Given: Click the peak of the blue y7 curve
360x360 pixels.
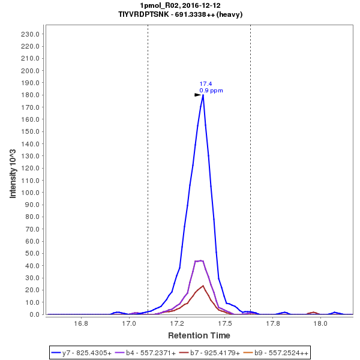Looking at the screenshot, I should coord(203,95).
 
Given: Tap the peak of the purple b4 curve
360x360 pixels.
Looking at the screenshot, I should coord(200,260).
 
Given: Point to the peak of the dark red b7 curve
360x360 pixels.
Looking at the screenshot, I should coord(203,286).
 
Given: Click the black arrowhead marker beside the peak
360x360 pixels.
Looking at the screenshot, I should coord(197,95).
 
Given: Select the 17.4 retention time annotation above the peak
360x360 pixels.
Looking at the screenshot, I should coord(205,84).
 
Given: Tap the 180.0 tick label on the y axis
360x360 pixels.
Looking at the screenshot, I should coord(30,95).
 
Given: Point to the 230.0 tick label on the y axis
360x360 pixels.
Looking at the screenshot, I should coord(30,34).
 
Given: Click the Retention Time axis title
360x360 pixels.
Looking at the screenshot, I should coord(199,335).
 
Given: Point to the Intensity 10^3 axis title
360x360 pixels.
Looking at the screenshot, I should coord(13,174).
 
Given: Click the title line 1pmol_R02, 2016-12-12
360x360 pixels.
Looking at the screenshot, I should coord(180,5).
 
